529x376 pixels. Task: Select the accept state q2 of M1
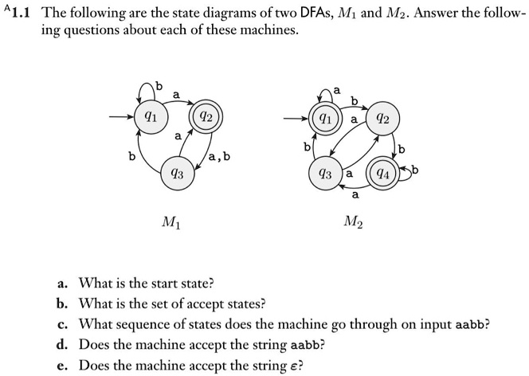click(206, 117)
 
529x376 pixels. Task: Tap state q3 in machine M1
click(178, 174)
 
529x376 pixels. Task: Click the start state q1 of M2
click(325, 119)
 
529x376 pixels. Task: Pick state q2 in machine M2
click(382, 119)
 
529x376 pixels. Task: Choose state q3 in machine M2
click(326, 174)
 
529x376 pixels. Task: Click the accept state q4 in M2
click(383, 174)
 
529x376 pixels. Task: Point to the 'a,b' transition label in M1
click(219, 156)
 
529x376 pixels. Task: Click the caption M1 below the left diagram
click(171, 222)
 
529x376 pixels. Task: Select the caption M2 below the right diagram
click(353, 222)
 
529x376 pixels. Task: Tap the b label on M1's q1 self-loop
click(159, 86)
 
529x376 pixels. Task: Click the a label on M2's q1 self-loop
click(337, 90)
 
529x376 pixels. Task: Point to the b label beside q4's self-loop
click(415, 170)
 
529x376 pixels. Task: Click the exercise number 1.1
click(20, 13)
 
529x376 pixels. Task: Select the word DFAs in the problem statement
click(316, 13)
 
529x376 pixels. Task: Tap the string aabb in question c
click(470, 325)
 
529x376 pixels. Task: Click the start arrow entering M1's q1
click(121, 117)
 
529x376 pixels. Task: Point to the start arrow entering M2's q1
click(296, 119)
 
